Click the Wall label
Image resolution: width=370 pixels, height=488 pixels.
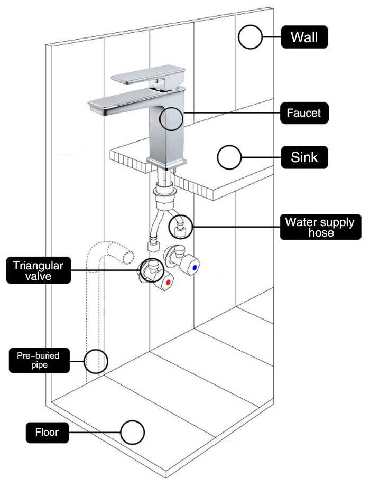(304, 37)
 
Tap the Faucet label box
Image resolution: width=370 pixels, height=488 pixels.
(304, 112)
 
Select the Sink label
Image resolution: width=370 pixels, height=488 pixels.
(304, 157)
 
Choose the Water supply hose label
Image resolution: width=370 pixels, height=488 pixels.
(320, 227)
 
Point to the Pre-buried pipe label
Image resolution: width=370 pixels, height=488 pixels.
(39, 360)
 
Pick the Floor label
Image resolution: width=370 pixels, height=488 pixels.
(47, 433)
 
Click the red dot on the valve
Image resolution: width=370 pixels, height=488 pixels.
(168, 283)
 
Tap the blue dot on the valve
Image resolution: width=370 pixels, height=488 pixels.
(195, 268)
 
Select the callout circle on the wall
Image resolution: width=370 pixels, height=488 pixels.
(250, 37)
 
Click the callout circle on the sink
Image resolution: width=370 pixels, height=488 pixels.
(229, 157)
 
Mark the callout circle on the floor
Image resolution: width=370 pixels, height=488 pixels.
(132, 433)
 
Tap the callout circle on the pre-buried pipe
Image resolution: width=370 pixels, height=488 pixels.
(96, 361)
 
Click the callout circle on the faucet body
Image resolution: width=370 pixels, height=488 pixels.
(171, 118)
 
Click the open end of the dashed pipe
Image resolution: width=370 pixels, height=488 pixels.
(127, 257)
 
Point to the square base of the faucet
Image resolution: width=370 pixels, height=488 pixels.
(166, 162)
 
